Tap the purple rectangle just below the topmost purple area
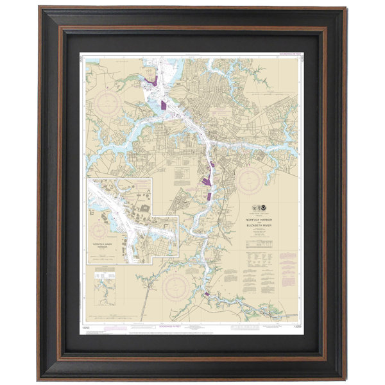(x=164, y=105)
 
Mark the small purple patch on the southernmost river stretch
(x=206, y=295)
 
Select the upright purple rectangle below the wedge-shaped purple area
(x=209, y=195)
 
